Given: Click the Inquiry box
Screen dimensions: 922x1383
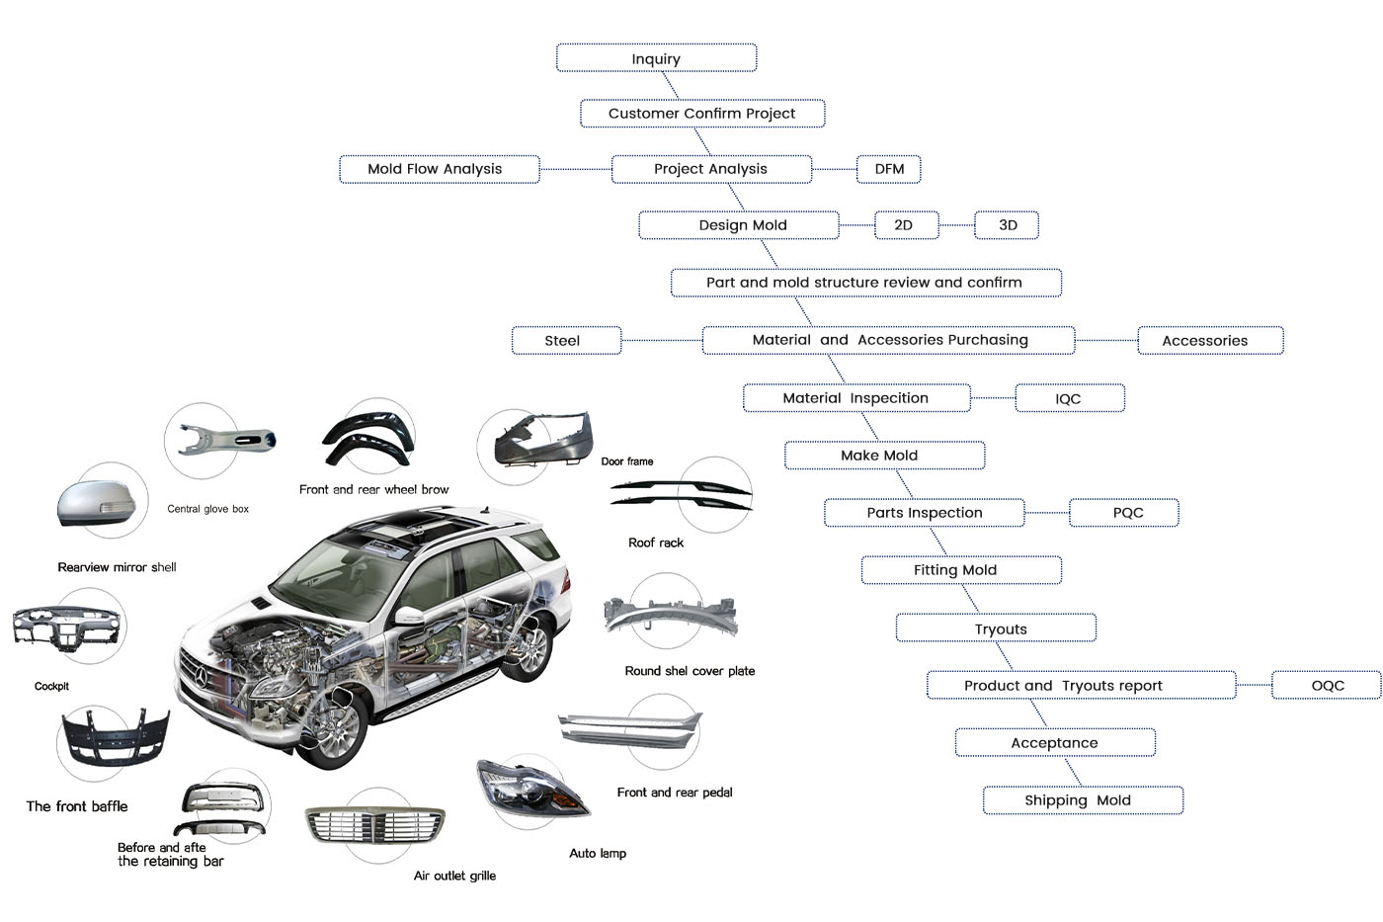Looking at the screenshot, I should (x=656, y=58).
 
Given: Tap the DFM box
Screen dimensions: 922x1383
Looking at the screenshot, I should (x=889, y=169).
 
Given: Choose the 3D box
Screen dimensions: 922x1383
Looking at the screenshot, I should (x=1007, y=225).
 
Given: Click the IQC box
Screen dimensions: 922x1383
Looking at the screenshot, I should (x=1070, y=398).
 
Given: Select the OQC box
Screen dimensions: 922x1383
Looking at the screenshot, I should (x=1326, y=685).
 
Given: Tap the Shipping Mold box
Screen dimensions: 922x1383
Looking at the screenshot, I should (x=1083, y=800).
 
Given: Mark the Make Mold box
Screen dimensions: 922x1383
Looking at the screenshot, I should (x=884, y=456).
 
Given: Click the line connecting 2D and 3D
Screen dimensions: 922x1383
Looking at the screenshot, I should (x=956, y=225).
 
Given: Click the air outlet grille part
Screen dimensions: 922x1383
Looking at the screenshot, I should (x=375, y=823).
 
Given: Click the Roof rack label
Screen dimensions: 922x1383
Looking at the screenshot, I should (x=656, y=543).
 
